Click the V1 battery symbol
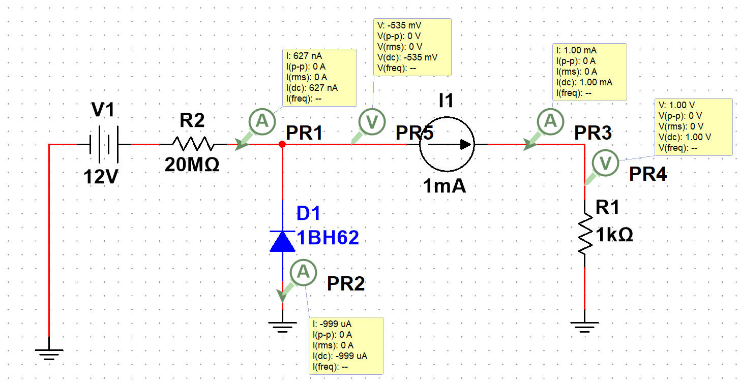point(104,145)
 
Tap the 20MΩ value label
point(192,165)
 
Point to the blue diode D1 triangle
point(282,241)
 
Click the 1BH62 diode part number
point(328,237)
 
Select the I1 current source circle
point(447,145)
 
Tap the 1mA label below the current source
point(445,186)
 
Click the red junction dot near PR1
point(282,145)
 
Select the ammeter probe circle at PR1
point(262,121)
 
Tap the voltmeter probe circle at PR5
point(372,121)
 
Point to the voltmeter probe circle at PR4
point(606,164)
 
